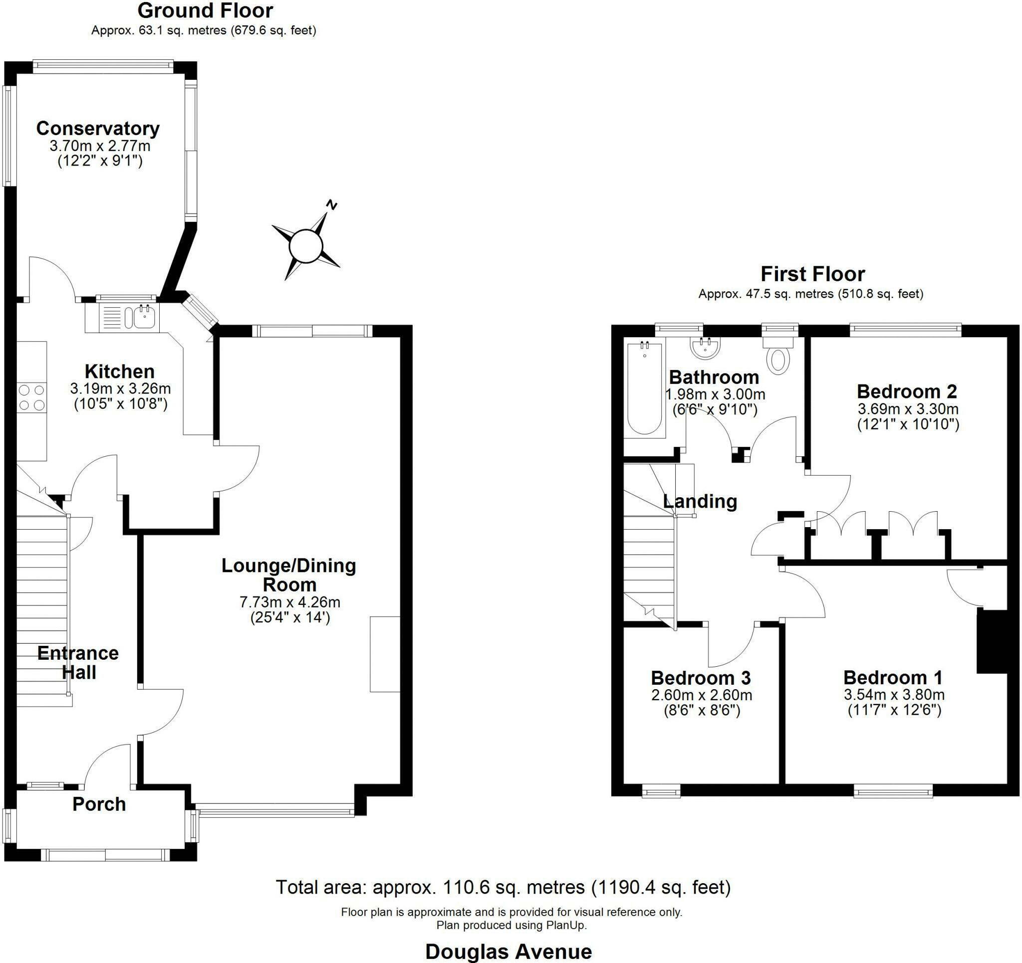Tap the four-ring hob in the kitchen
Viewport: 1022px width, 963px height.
click(31, 398)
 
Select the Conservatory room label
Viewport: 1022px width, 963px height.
click(98, 129)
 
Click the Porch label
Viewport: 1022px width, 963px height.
click(99, 804)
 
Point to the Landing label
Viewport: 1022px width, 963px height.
click(700, 501)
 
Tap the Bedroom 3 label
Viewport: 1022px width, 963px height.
click(701, 678)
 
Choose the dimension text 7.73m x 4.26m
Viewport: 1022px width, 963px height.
click(290, 602)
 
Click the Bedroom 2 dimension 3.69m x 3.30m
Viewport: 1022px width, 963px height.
click(908, 409)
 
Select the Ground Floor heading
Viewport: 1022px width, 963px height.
click(205, 11)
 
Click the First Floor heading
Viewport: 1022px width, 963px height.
click(813, 274)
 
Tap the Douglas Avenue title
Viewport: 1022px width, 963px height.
click(509, 952)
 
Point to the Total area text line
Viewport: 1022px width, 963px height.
click(504, 887)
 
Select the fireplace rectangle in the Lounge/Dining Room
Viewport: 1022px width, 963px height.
click(385, 654)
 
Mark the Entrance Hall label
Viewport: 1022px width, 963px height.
click(78, 662)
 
